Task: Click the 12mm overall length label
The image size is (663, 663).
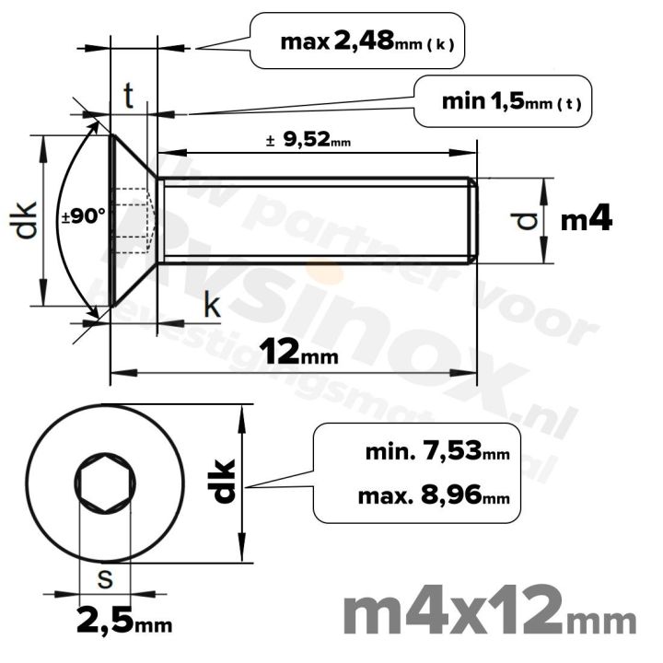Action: (x=297, y=353)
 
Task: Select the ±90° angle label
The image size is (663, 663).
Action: (x=84, y=217)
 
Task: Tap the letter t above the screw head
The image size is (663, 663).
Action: (x=130, y=94)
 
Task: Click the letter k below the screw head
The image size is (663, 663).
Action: (x=212, y=307)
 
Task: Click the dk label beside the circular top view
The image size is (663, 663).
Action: (x=224, y=481)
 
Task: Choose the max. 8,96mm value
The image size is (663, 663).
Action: (x=435, y=498)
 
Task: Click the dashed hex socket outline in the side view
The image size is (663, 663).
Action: (x=134, y=219)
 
